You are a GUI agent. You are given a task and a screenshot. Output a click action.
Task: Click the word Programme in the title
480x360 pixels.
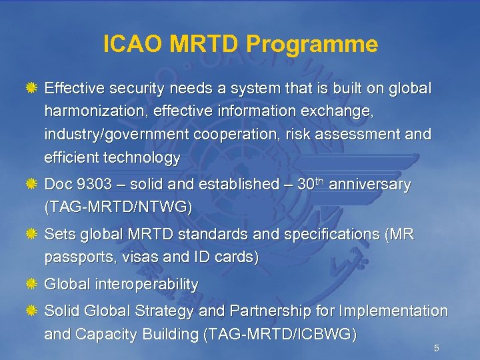[312, 45]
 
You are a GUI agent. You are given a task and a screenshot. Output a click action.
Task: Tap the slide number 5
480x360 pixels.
[436, 348]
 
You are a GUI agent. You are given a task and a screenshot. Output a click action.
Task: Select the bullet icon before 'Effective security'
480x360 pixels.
[31, 88]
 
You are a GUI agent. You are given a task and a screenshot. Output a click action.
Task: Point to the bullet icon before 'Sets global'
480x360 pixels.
[31, 235]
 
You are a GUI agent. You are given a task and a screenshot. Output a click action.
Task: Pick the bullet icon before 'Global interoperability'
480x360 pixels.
[31, 285]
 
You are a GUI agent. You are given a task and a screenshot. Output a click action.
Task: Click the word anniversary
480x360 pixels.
[371, 185]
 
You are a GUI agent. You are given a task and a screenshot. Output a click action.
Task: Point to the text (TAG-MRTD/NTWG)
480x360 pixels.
[118, 207]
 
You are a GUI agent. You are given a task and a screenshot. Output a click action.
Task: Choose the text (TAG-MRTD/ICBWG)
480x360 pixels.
[279, 334]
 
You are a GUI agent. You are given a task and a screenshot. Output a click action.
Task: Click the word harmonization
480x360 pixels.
[94, 111]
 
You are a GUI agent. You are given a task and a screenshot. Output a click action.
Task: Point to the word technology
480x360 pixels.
[141, 157]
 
